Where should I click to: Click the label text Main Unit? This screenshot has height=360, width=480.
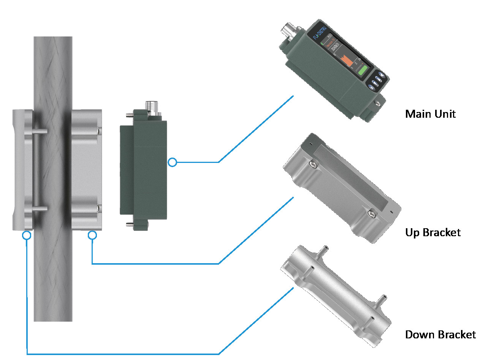click(x=430, y=114)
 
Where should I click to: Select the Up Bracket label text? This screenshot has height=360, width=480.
click(x=433, y=232)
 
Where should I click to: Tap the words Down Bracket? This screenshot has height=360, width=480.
click(x=440, y=335)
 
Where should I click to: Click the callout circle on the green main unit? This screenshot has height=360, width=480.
click(x=172, y=163)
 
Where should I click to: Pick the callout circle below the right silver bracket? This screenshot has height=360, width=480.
click(x=92, y=235)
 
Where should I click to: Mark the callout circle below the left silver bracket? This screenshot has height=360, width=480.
click(x=26, y=235)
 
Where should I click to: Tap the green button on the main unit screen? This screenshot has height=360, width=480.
click(x=363, y=71)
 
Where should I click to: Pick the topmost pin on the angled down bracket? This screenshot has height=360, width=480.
click(x=323, y=249)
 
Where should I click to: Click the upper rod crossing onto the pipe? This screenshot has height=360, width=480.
click(x=40, y=131)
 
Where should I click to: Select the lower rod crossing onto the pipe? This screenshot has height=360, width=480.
click(x=40, y=208)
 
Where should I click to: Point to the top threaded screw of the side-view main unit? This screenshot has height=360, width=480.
click(x=130, y=112)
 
